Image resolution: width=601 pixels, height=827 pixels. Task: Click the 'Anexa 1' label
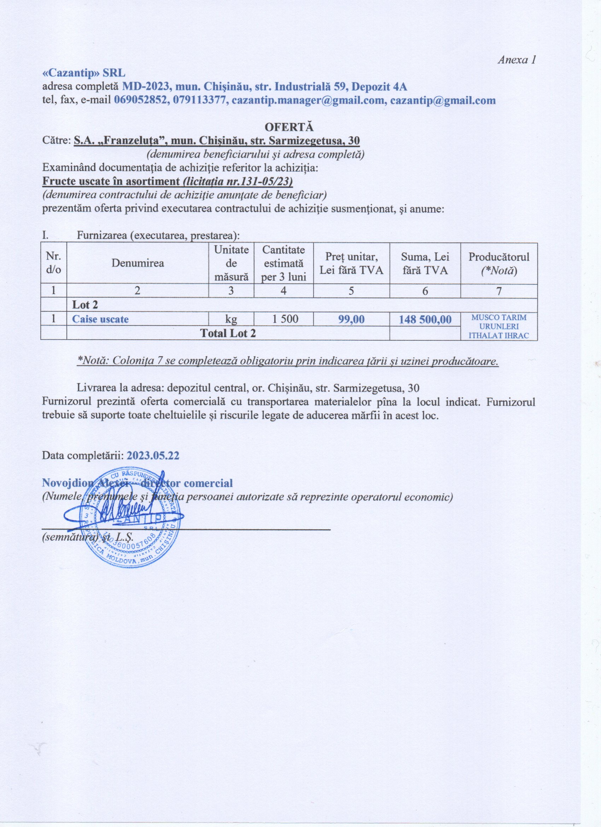click(517, 60)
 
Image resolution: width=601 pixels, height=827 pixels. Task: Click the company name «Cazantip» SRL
click(84, 73)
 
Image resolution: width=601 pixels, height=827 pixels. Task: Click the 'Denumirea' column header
click(138, 263)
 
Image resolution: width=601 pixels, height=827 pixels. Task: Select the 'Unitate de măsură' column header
click(231, 263)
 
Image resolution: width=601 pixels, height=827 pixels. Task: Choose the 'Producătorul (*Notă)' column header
click(498, 263)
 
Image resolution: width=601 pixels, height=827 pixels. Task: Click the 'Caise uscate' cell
click(100, 319)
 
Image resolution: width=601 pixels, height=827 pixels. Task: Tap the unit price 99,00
click(351, 319)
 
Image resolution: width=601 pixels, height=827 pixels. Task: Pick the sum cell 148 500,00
click(425, 320)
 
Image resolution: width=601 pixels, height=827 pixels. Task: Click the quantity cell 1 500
click(284, 319)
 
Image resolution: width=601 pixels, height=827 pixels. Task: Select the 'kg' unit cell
click(231, 319)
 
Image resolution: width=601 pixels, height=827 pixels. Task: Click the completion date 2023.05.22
click(153, 456)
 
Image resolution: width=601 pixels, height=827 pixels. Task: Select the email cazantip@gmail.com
click(443, 100)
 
